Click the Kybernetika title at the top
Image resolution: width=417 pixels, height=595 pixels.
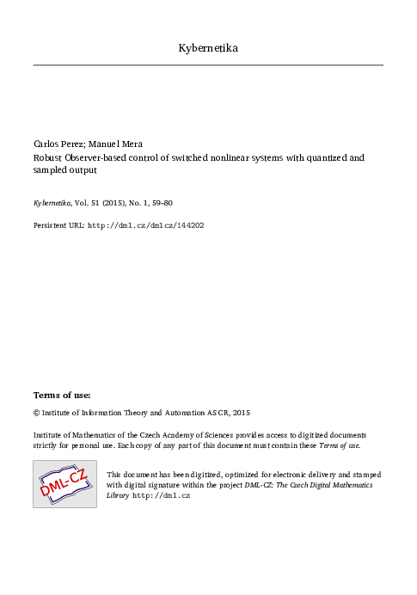point(208,48)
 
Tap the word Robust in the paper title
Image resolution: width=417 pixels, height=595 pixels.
point(47,158)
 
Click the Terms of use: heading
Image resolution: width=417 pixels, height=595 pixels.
point(62,395)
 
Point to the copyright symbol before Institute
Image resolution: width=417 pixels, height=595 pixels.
point(36,413)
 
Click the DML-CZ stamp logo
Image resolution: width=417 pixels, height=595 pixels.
point(64,483)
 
